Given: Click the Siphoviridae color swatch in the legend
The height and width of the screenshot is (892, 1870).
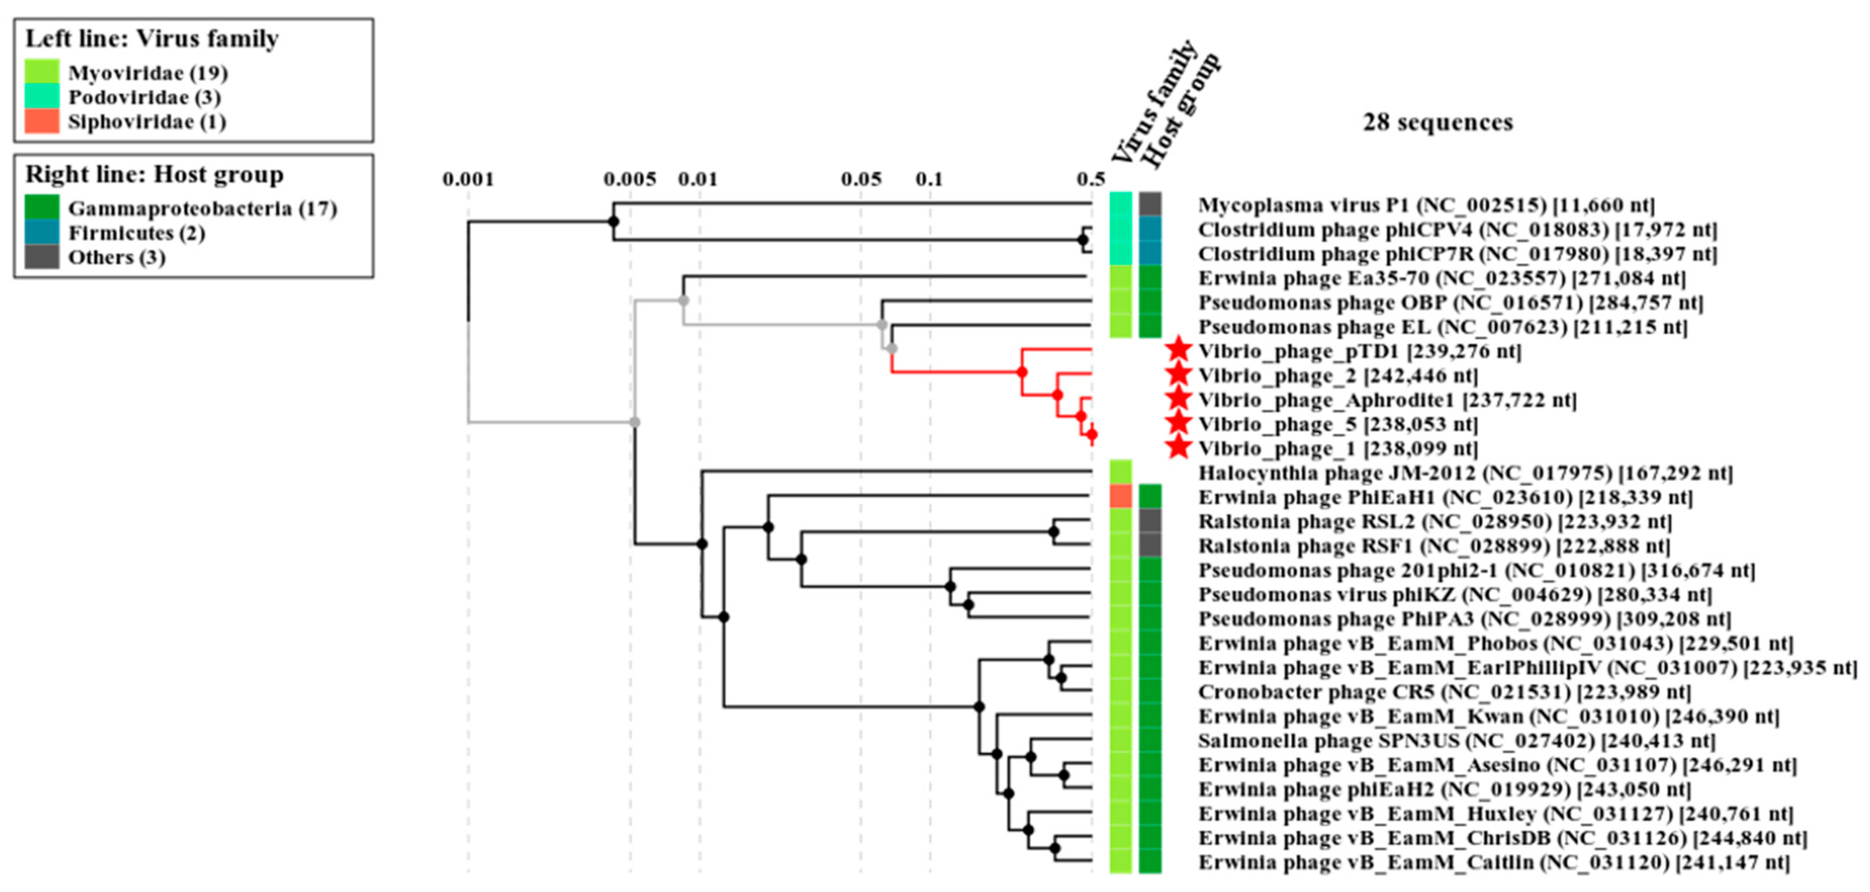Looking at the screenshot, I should click(41, 121).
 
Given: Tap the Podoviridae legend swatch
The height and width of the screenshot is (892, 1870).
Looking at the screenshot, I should click(41, 97).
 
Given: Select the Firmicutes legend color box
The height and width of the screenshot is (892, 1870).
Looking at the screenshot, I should click(41, 232).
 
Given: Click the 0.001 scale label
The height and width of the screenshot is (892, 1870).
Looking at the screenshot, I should click(468, 179).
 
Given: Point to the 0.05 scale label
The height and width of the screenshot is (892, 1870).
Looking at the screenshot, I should click(861, 179).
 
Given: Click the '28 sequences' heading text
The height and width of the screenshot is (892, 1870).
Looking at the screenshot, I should click(1437, 122).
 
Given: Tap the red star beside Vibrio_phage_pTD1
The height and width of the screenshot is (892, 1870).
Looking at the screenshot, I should click(1178, 351).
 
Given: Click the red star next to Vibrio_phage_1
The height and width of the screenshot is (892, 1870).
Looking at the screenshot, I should click(1178, 448).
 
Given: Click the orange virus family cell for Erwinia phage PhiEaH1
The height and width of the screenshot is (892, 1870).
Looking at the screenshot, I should click(1121, 497).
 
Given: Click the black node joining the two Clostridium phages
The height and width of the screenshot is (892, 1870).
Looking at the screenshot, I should click(1082, 240).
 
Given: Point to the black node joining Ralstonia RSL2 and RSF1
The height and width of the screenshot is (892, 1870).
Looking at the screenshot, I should click(1054, 532).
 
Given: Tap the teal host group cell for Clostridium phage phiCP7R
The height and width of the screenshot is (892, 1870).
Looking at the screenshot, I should click(1150, 253).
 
